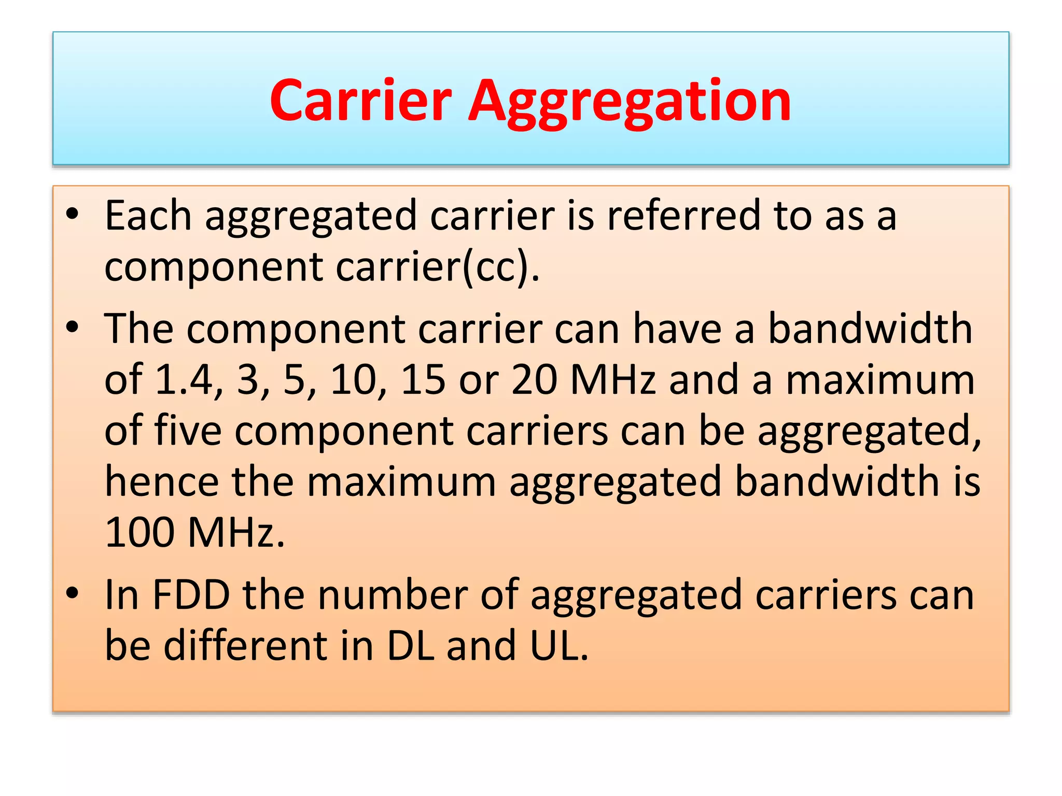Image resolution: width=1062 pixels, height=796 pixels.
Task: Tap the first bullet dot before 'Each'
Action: [x=73, y=214]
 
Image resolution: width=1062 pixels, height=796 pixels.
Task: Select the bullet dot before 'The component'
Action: [x=73, y=328]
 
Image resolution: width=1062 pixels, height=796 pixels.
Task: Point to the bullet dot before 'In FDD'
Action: [x=73, y=593]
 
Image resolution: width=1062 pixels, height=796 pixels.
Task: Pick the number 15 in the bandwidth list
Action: [x=423, y=379]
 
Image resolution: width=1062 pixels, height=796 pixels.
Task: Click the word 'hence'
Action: [x=161, y=481]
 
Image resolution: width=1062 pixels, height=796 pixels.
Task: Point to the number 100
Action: [x=139, y=532]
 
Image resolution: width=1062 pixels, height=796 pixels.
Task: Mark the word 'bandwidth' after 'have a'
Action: [x=870, y=329]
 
